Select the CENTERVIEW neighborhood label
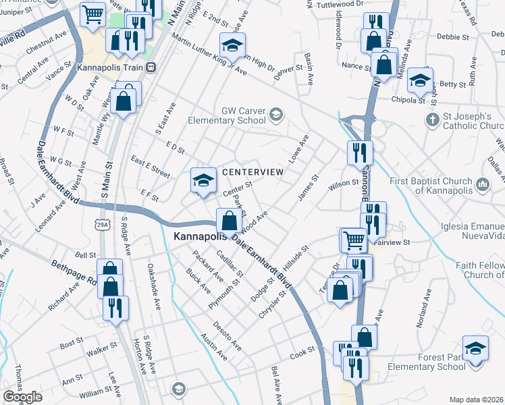(x=253, y=172)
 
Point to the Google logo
(x=22, y=397)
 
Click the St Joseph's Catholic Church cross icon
(x=433, y=120)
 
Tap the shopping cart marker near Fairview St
(x=353, y=239)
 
